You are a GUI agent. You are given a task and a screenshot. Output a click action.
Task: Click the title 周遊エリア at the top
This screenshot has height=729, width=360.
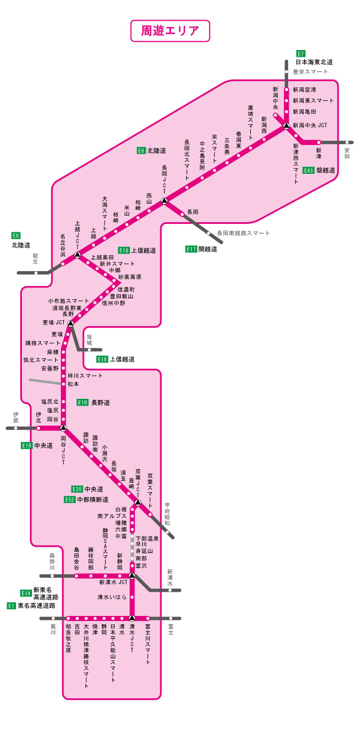pos(170,31)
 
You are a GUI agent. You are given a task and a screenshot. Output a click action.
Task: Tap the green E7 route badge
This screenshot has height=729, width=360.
pos(300,53)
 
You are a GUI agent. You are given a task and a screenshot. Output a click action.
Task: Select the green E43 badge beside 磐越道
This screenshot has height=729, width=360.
pos(308,170)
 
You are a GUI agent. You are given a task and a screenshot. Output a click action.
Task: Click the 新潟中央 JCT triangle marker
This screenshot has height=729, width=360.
pos(286,126)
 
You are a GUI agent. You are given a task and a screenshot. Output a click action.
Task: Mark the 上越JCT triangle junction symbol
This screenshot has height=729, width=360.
pos(77,254)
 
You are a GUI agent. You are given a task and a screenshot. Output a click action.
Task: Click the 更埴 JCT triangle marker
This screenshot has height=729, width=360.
pos(70,323)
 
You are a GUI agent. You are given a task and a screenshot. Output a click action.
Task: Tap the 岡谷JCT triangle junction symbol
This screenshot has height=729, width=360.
pos(64,427)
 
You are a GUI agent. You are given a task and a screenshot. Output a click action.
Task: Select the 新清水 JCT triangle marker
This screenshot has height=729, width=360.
pos(132,575)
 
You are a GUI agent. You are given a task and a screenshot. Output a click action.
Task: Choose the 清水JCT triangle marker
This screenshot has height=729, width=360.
pos(132,618)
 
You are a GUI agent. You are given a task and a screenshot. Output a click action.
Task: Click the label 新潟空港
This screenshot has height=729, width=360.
pos(304,89)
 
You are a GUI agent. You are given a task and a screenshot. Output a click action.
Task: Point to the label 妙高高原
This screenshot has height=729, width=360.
pos(129,277)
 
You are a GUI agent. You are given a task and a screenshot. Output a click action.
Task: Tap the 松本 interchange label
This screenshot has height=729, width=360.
pos(73,384)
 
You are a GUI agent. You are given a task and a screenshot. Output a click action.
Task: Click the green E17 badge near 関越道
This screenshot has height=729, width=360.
pos(191,249)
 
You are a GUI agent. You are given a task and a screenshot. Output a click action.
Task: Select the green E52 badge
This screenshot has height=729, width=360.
pos(70,499)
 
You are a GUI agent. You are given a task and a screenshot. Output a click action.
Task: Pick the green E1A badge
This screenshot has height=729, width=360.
pos(26,593)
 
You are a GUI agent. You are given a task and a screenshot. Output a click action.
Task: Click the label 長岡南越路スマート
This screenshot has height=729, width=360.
pos(243,233)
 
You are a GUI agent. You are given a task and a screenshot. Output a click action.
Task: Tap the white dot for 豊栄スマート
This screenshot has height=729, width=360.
pos(286,71)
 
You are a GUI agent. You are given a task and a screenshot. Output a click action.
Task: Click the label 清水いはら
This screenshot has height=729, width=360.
pos(111,597)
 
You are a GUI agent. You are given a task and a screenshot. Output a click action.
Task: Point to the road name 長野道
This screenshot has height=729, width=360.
pos(101,403)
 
